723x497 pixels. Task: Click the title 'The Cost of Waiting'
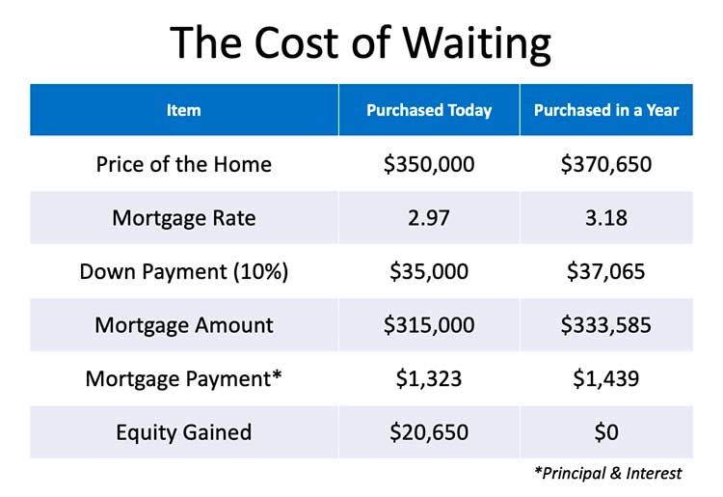(361, 42)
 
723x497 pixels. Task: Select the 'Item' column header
(183, 110)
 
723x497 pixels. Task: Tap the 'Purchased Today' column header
(429, 110)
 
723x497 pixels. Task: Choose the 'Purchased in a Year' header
(605, 110)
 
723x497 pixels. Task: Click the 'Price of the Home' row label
(183, 164)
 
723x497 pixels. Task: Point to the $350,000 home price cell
(429, 164)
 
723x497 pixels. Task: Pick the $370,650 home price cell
(605, 164)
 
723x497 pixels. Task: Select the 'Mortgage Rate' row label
(183, 217)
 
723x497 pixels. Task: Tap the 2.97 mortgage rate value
(429, 217)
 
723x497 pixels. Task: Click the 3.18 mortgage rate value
(605, 217)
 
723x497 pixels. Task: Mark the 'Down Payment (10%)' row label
(183, 271)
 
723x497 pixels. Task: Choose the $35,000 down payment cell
(429, 271)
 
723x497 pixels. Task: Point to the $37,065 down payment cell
(605, 271)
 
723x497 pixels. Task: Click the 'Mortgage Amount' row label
(183, 325)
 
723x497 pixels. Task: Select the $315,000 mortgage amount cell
(429, 325)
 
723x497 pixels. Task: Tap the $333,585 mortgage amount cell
(605, 325)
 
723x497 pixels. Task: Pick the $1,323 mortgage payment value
(429, 378)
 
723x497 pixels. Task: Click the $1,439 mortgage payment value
(605, 378)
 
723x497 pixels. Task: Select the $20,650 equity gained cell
(429, 431)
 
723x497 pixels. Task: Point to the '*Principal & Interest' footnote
(607, 473)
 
